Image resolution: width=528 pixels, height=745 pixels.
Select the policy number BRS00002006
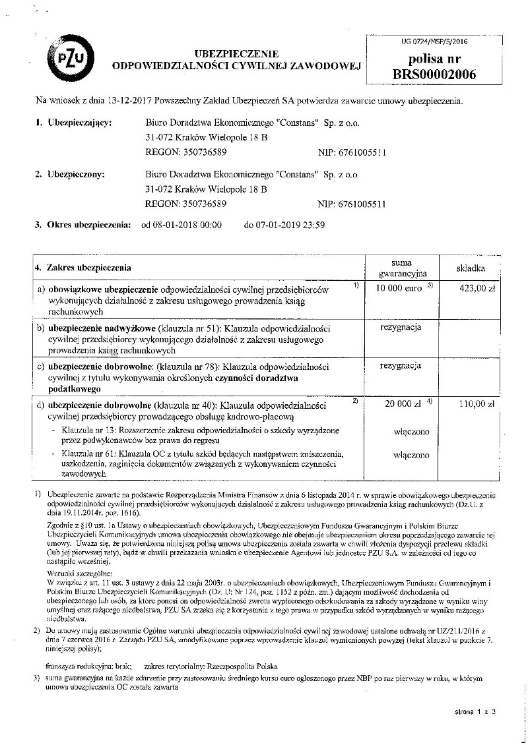point(434,74)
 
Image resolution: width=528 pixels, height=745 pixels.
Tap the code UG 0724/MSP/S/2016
point(434,41)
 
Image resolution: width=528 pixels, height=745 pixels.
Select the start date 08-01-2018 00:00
point(181,225)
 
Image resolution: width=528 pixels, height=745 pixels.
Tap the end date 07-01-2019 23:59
point(284,225)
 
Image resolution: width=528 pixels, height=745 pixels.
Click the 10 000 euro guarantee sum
point(399,288)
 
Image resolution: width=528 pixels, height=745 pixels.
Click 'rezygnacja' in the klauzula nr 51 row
point(401,327)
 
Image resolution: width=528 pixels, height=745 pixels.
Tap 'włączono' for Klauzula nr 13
point(411,431)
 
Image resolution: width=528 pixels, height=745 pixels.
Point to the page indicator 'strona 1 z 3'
point(475,712)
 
